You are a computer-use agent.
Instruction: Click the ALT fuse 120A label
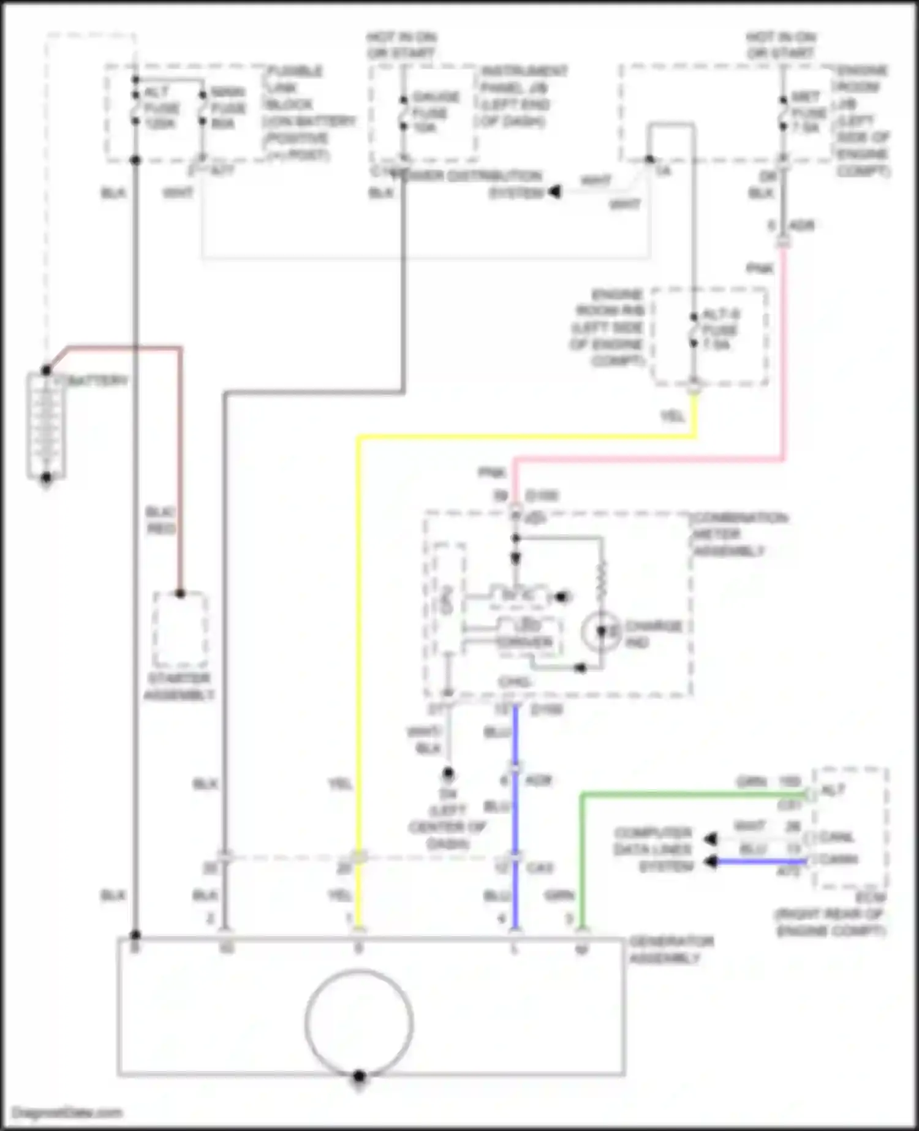pos(161,108)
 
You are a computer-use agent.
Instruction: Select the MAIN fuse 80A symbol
pos(202,108)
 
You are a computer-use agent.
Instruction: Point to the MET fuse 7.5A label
pos(807,113)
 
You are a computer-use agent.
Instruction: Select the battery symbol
pos(46,426)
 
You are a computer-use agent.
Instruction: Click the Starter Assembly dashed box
pos(180,630)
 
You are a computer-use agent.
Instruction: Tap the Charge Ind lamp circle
pos(601,631)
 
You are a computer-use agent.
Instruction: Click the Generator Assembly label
pos(670,949)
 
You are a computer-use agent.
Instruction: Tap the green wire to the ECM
pos(692,795)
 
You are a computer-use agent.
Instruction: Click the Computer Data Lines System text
pos(653,850)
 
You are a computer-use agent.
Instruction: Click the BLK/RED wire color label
pos(161,520)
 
